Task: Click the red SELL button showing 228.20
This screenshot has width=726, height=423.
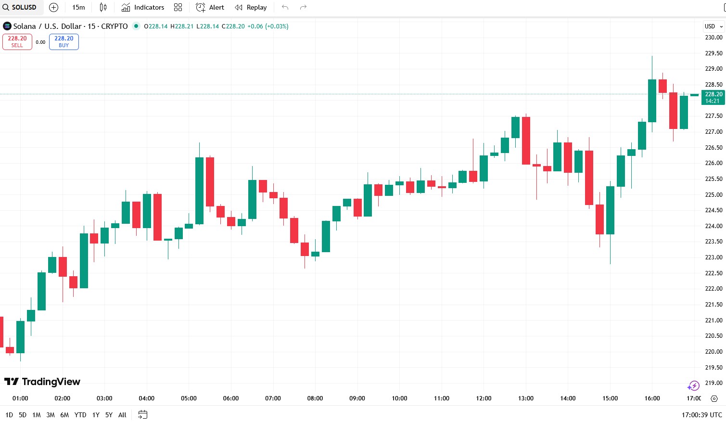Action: point(17,42)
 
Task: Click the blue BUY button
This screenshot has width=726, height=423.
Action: point(64,42)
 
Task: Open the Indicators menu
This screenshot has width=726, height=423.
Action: point(143,7)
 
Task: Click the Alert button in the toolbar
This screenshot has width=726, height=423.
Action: point(210,7)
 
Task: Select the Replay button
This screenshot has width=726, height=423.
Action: point(251,7)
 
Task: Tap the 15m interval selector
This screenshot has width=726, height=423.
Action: point(78,7)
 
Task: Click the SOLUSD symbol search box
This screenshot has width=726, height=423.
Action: point(20,7)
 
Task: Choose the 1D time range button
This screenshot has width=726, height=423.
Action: point(9,415)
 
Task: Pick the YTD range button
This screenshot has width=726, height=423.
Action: point(80,415)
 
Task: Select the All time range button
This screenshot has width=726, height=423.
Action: point(122,415)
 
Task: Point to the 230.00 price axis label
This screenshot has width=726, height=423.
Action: point(713,38)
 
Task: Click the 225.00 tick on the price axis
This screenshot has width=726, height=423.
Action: point(713,195)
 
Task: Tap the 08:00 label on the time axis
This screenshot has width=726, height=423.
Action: point(315,398)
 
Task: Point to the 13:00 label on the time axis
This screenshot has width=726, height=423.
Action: point(526,398)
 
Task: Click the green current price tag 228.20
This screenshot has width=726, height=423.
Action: point(713,97)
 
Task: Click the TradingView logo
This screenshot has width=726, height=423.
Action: point(42,382)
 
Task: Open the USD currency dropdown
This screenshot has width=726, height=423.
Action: point(713,26)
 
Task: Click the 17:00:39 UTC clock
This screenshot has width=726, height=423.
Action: point(701,415)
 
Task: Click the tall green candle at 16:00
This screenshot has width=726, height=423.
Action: point(652,101)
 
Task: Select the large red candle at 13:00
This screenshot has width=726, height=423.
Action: point(526,141)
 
